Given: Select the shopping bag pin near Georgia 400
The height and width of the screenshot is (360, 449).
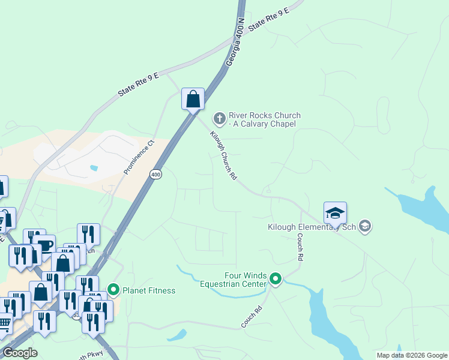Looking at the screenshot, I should [193, 99].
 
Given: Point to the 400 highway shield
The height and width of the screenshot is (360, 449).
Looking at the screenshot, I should [156, 174].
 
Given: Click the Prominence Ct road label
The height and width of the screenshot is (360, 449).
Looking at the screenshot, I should [139, 157].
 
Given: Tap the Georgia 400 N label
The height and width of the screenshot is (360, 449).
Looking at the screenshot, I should [235, 42].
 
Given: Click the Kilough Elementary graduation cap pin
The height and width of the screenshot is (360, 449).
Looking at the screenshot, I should [335, 213].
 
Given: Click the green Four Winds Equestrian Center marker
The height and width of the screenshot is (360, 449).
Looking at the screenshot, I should [276, 279].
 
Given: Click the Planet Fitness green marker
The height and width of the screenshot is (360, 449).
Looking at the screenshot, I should [113, 291].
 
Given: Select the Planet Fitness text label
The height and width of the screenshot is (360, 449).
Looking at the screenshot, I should [149, 291].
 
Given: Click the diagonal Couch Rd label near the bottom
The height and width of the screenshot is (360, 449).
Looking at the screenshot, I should [252, 317].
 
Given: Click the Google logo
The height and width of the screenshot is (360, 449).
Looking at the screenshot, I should [20, 353].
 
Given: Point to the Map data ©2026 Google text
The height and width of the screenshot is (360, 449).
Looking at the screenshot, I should [412, 355].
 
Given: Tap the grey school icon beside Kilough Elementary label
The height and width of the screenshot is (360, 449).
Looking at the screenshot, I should [365, 227].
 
